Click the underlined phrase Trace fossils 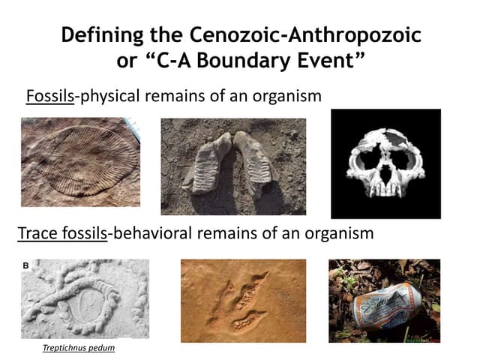point(62,233)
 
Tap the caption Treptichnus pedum point(78,348)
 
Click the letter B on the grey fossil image point(26,265)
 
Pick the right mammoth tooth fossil point(255,161)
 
